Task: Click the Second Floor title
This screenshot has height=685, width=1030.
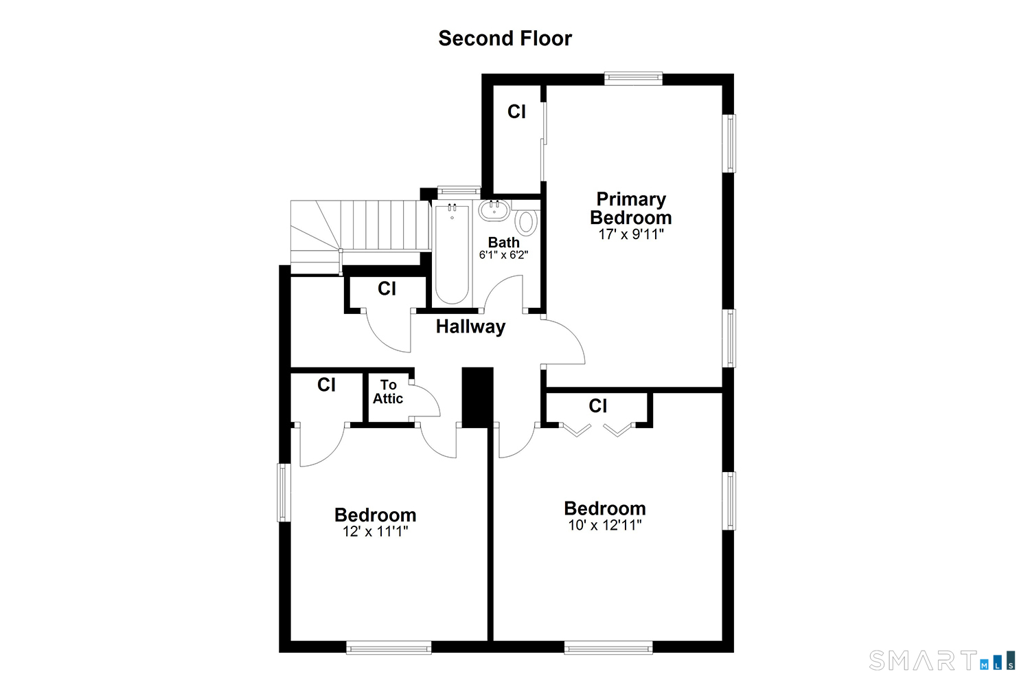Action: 505,38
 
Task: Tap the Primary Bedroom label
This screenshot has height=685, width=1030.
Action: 631,208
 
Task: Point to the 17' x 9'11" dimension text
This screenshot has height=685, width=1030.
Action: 631,234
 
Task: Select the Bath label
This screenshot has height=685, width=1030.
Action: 504,242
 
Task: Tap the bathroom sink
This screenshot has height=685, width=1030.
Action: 494,210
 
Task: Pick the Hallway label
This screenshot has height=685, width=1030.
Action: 470,326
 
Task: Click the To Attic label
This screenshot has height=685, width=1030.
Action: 388,392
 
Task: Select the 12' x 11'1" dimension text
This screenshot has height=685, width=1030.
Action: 375,531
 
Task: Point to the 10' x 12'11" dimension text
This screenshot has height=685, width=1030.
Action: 605,525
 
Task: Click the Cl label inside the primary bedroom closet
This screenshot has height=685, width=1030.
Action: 516,111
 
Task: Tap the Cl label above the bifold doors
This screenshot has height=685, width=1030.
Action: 598,406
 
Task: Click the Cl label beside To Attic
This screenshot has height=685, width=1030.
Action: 326,385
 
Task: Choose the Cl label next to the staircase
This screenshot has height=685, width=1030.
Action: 387,289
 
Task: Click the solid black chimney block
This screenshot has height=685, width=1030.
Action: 477,398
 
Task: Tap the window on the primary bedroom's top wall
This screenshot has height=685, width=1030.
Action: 633,78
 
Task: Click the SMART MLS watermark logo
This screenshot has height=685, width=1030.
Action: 941,660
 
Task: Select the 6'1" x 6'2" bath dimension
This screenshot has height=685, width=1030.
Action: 503,254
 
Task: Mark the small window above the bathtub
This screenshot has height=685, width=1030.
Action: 459,191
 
